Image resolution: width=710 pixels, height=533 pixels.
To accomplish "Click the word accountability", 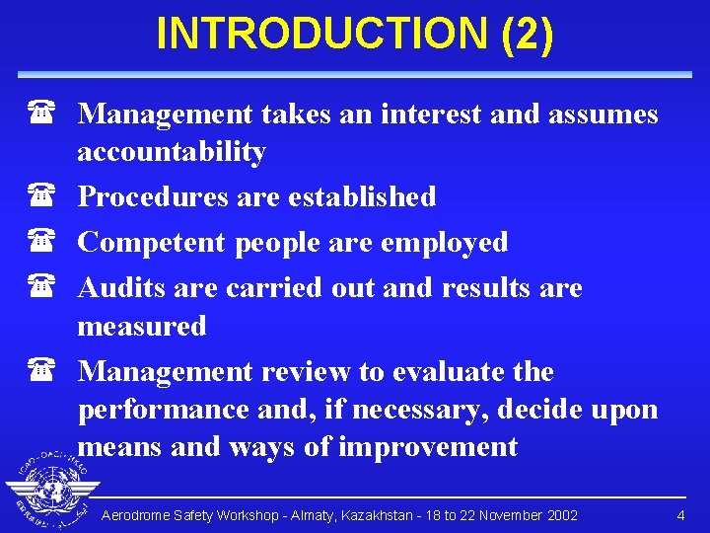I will (x=172, y=152).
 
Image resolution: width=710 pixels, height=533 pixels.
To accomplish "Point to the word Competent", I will (x=152, y=243).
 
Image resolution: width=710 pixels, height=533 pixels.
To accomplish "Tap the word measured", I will (x=142, y=326).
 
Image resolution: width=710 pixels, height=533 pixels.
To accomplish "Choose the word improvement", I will (x=427, y=446).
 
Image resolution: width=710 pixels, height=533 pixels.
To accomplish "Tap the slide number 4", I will (x=680, y=516).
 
